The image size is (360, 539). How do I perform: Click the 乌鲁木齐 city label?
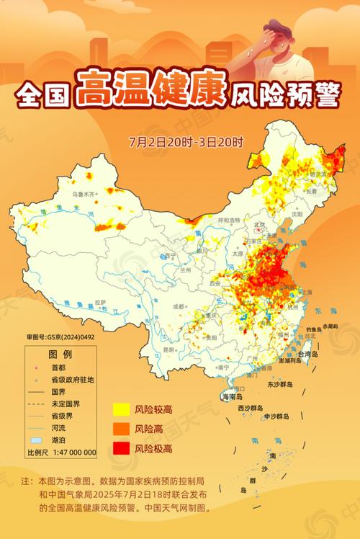pos(83,195)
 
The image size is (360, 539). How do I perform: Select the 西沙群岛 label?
pos(250,409)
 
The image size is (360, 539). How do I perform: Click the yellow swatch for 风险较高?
pos(120,410)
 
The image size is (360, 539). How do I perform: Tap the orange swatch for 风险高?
pos(120,429)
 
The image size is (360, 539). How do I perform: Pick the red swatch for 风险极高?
pos(120,449)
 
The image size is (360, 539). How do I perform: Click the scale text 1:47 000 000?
pos(71,452)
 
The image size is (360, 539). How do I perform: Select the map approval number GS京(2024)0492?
pos(62,337)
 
